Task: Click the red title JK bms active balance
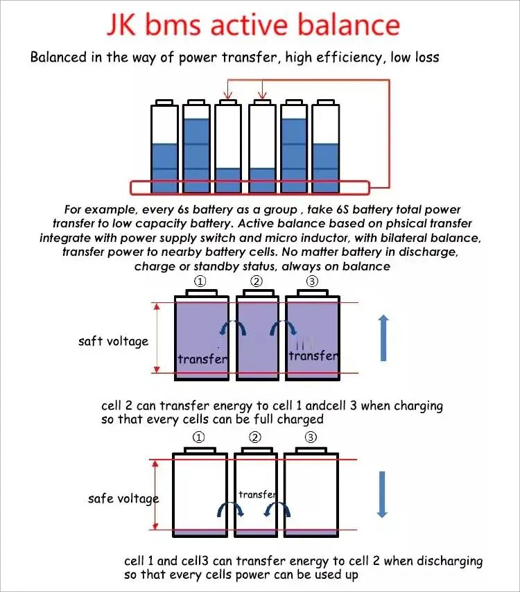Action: [x=253, y=25]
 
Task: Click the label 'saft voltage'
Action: [x=113, y=341]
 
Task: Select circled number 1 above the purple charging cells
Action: [x=200, y=281]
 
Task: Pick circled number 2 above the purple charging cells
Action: [x=257, y=281]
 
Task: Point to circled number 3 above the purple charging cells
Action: [x=312, y=281]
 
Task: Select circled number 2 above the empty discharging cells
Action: [x=255, y=437]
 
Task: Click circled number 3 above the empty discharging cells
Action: [x=311, y=437]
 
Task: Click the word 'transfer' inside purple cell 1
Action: [x=202, y=358]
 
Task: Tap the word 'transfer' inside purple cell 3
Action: [x=313, y=356]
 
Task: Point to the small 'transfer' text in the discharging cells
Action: [x=257, y=494]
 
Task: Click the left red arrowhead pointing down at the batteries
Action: [x=226, y=96]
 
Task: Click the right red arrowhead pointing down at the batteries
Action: [x=262, y=96]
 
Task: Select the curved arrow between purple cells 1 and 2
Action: [x=229, y=329]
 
